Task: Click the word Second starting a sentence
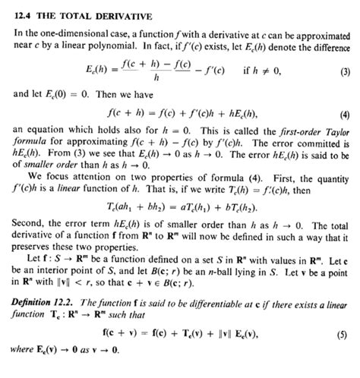click(28, 235)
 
